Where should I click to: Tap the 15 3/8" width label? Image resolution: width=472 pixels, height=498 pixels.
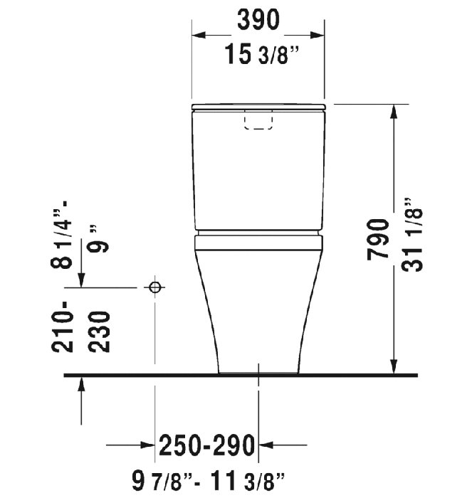[x=258, y=53]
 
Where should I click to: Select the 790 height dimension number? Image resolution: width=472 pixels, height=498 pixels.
[x=379, y=240]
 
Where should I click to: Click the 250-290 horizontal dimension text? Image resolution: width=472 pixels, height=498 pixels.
[x=206, y=445]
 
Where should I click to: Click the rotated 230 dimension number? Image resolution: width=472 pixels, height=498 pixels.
[x=101, y=333]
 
